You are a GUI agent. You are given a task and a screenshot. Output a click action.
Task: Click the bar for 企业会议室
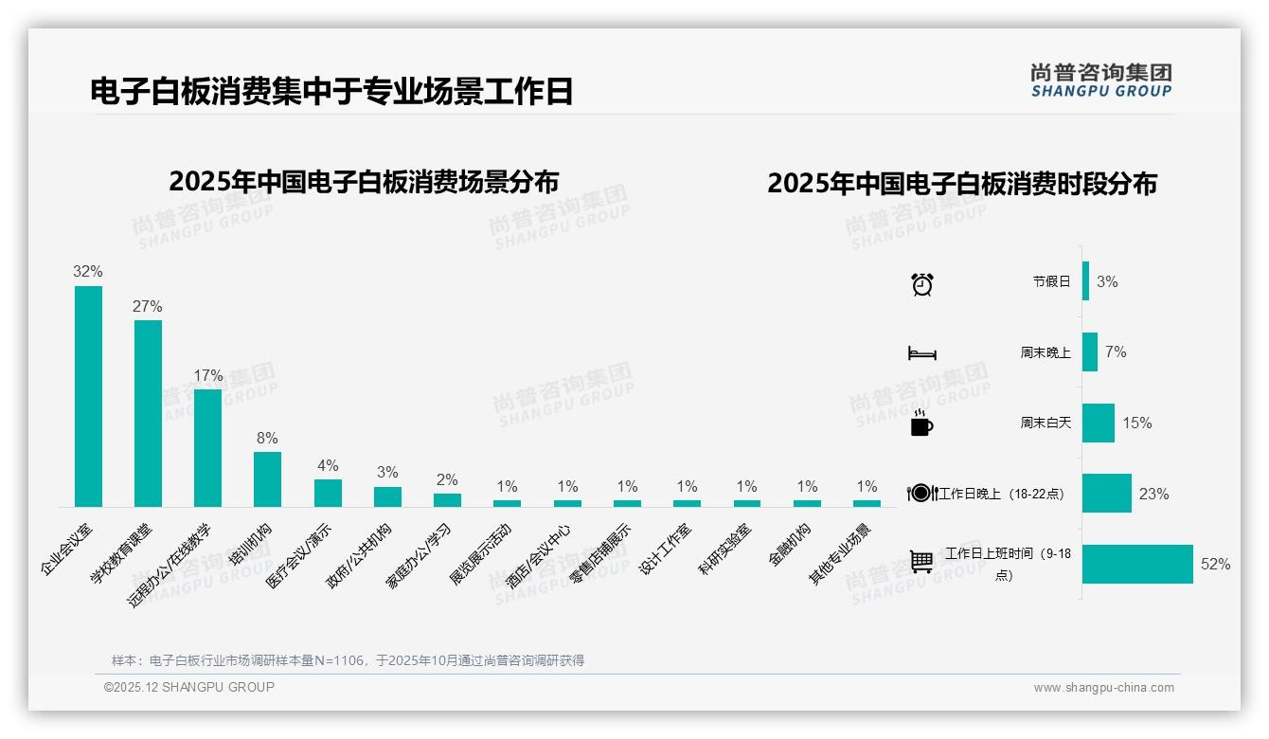coord(88,396)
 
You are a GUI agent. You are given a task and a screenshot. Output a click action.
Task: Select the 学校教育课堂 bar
coord(148,413)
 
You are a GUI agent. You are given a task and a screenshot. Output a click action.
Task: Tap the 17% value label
coord(207,375)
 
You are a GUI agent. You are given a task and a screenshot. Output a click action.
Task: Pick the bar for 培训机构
coord(267,478)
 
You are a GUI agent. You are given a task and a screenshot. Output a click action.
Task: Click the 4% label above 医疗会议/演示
coord(328,465)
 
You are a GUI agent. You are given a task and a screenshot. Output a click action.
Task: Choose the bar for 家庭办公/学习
coord(447,499)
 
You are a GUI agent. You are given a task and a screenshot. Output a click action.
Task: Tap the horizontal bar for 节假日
coord(1085,281)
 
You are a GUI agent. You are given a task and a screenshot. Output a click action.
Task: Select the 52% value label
coord(1215,564)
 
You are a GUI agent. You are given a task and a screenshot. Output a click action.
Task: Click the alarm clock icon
coord(921,283)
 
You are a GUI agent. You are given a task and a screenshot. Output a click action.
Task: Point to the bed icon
coord(921,353)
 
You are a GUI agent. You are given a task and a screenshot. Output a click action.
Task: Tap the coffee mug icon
coord(920,424)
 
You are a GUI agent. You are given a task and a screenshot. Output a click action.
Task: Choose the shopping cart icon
coord(921,562)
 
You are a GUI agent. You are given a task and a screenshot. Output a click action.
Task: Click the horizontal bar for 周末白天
coord(1098,423)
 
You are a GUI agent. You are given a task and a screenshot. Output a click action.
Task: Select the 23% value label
coord(1153,494)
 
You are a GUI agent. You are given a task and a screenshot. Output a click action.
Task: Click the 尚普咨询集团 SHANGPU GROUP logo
coord(1100,81)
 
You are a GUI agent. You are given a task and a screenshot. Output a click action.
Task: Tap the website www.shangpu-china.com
coord(1103,688)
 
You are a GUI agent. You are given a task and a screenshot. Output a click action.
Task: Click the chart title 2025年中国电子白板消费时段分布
coord(962,184)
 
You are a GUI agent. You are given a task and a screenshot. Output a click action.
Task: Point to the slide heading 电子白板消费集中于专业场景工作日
coord(331,92)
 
